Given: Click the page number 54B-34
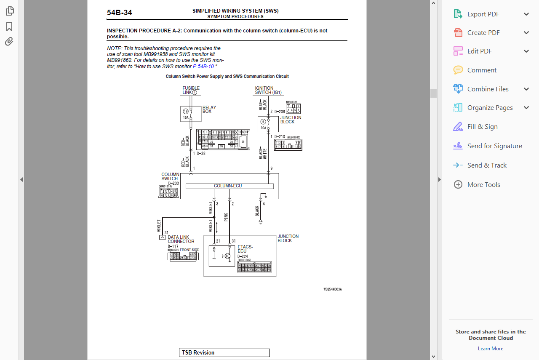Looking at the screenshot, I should point(119,13).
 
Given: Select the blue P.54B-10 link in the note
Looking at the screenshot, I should point(203,67).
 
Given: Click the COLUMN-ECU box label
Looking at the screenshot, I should point(228,186).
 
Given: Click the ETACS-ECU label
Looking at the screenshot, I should point(245,249).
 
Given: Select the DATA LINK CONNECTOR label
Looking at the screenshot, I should point(181,239).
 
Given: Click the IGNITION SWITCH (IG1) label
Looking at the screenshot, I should point(268,90).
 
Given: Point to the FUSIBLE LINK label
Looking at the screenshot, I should point(191,90).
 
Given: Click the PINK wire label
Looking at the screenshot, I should point(226,217).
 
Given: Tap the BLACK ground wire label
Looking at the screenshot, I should point(257,211).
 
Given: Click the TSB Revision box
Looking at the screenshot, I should point(224,353).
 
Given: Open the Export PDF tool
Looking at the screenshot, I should point(483,14).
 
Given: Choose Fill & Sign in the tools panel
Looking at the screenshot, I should point(482,127).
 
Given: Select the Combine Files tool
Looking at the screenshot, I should point(488,89).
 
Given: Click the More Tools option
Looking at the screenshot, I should point(483,185).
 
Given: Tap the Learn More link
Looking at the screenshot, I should point(491,349).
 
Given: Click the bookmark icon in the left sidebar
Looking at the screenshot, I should point(9,27).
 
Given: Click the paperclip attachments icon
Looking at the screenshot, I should point(9,41).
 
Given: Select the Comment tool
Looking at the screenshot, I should point(482,70).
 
